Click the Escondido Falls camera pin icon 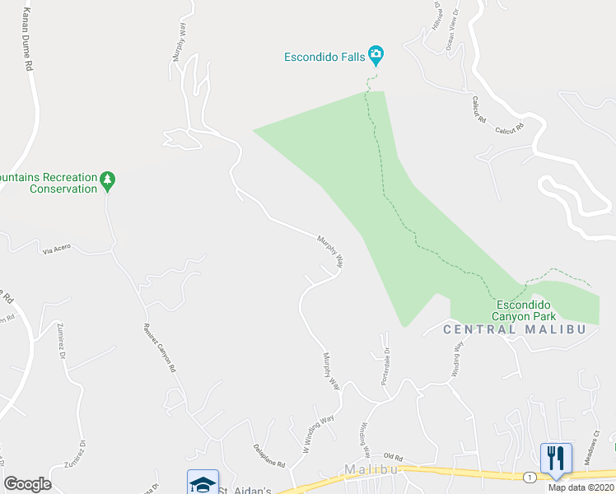(376, 56)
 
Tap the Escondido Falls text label (324, 57)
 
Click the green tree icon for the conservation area (107, 179)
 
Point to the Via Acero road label (57, 248)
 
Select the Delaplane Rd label (268, 452)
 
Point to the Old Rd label (392, 458)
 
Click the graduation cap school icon (203, 483)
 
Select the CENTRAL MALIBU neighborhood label (514, 329)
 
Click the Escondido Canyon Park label (524, 310)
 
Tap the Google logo (27, 484)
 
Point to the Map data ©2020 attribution (580, 487)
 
